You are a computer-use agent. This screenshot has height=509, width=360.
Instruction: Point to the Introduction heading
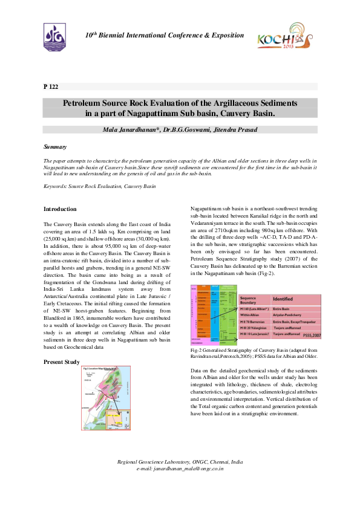[x=60, y=209]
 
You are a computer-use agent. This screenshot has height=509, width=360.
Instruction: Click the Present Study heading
[x=62, y=361]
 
